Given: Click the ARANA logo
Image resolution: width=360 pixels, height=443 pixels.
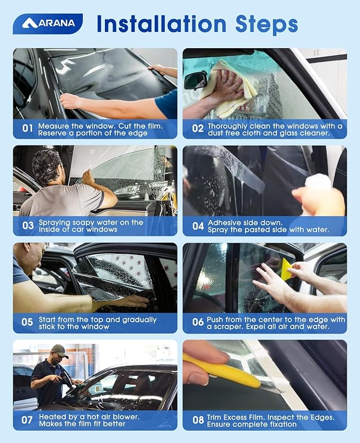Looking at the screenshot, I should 48,23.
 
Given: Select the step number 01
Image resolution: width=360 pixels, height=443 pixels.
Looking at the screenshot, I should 27,128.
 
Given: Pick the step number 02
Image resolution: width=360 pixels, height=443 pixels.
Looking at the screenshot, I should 197,128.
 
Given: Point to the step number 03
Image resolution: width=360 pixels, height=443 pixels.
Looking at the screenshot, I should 28,225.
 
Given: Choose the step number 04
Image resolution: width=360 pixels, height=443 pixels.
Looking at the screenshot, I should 197,226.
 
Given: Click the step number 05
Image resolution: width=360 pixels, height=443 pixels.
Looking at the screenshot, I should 27,322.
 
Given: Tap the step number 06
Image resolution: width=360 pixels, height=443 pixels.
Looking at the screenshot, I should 197,322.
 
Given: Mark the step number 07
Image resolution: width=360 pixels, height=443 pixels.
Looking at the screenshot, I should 27,420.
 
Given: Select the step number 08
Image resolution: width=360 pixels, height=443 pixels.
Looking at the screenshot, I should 197,420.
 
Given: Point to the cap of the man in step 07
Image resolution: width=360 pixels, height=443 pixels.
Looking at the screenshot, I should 59,350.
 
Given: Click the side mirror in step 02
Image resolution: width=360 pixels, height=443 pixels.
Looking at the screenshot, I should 196,81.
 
